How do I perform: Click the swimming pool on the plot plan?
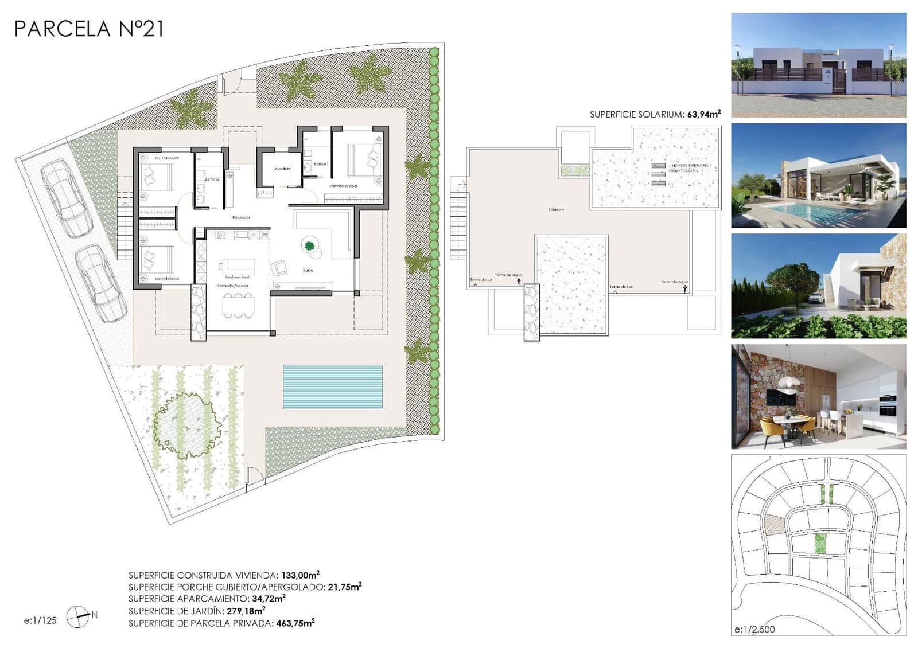coord(332,387)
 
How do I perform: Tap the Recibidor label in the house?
coord(241,217)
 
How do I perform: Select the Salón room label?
coord(308,270)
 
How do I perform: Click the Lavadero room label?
coord(282,169)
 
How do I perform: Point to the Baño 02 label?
coord(212,179)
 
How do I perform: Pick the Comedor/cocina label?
coord(232,285)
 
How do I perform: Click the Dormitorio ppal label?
coord(343,186)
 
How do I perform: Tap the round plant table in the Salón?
coord(310,247)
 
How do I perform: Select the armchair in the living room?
coord(279,267)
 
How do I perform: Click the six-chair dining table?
coord(238,305)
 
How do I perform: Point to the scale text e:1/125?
coord(40,620)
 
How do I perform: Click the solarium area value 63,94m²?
coord(703,114)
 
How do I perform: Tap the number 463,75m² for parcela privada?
coord(295,623)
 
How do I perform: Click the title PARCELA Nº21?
coord(89,29)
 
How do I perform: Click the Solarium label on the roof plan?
coord(555,209)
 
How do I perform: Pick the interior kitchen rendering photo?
coord(818,396)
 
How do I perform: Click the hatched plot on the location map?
coord(774,524)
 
